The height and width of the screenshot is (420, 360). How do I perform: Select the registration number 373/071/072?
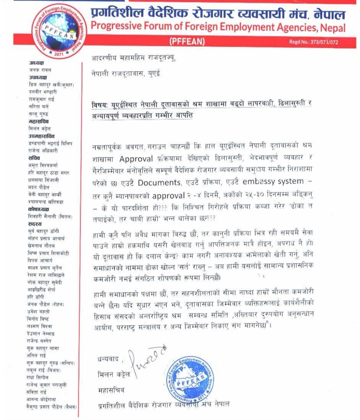pyautogui.click(x=323, y=42)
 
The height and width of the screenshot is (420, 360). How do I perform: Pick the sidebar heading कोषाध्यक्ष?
pyautogui.click(x=39, y=209)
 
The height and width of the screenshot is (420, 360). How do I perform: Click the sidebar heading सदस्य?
pyautogui.click(x=35, y=224)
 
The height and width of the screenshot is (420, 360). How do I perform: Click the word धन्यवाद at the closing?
pyautogui.click(x=107, y=359)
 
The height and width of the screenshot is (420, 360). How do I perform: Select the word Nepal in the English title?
pyautogui.click(x=333, y=27)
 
